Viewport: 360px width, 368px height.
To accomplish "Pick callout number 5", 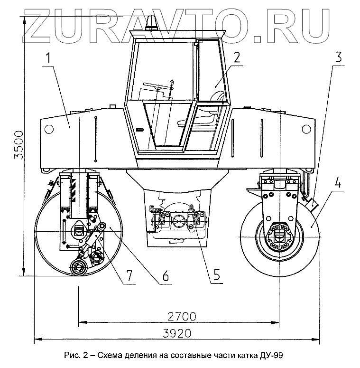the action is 216,275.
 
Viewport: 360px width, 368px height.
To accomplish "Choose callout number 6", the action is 165,275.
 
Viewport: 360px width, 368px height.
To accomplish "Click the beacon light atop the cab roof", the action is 153,23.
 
